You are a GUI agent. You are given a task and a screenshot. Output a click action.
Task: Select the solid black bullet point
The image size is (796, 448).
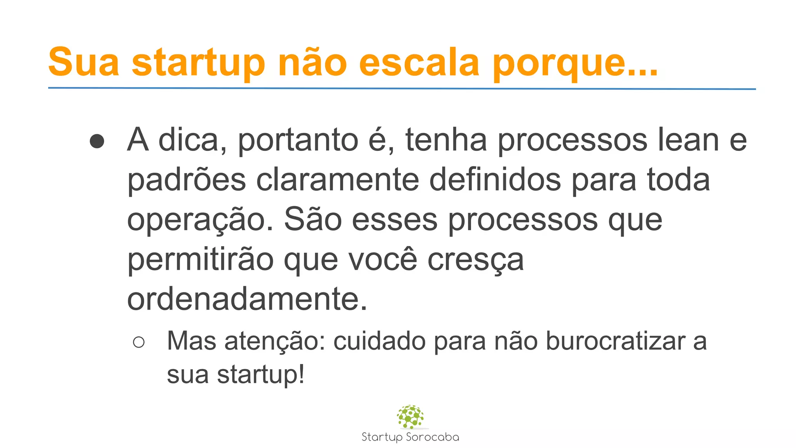(97, 141)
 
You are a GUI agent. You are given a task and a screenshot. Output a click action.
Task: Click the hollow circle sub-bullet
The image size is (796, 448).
(139, 342)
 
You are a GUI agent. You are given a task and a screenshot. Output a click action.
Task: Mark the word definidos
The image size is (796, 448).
(495, 180)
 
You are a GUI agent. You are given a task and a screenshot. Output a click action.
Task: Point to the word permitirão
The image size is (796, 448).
(201, 260)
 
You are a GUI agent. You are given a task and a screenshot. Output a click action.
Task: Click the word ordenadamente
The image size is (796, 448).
(247, 299)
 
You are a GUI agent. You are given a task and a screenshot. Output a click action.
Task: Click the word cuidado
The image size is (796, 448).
(379, 341)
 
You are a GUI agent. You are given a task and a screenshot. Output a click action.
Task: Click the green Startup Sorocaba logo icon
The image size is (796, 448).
(410, 416)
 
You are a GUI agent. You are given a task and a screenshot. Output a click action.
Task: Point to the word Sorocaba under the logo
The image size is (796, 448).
(432, 437)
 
